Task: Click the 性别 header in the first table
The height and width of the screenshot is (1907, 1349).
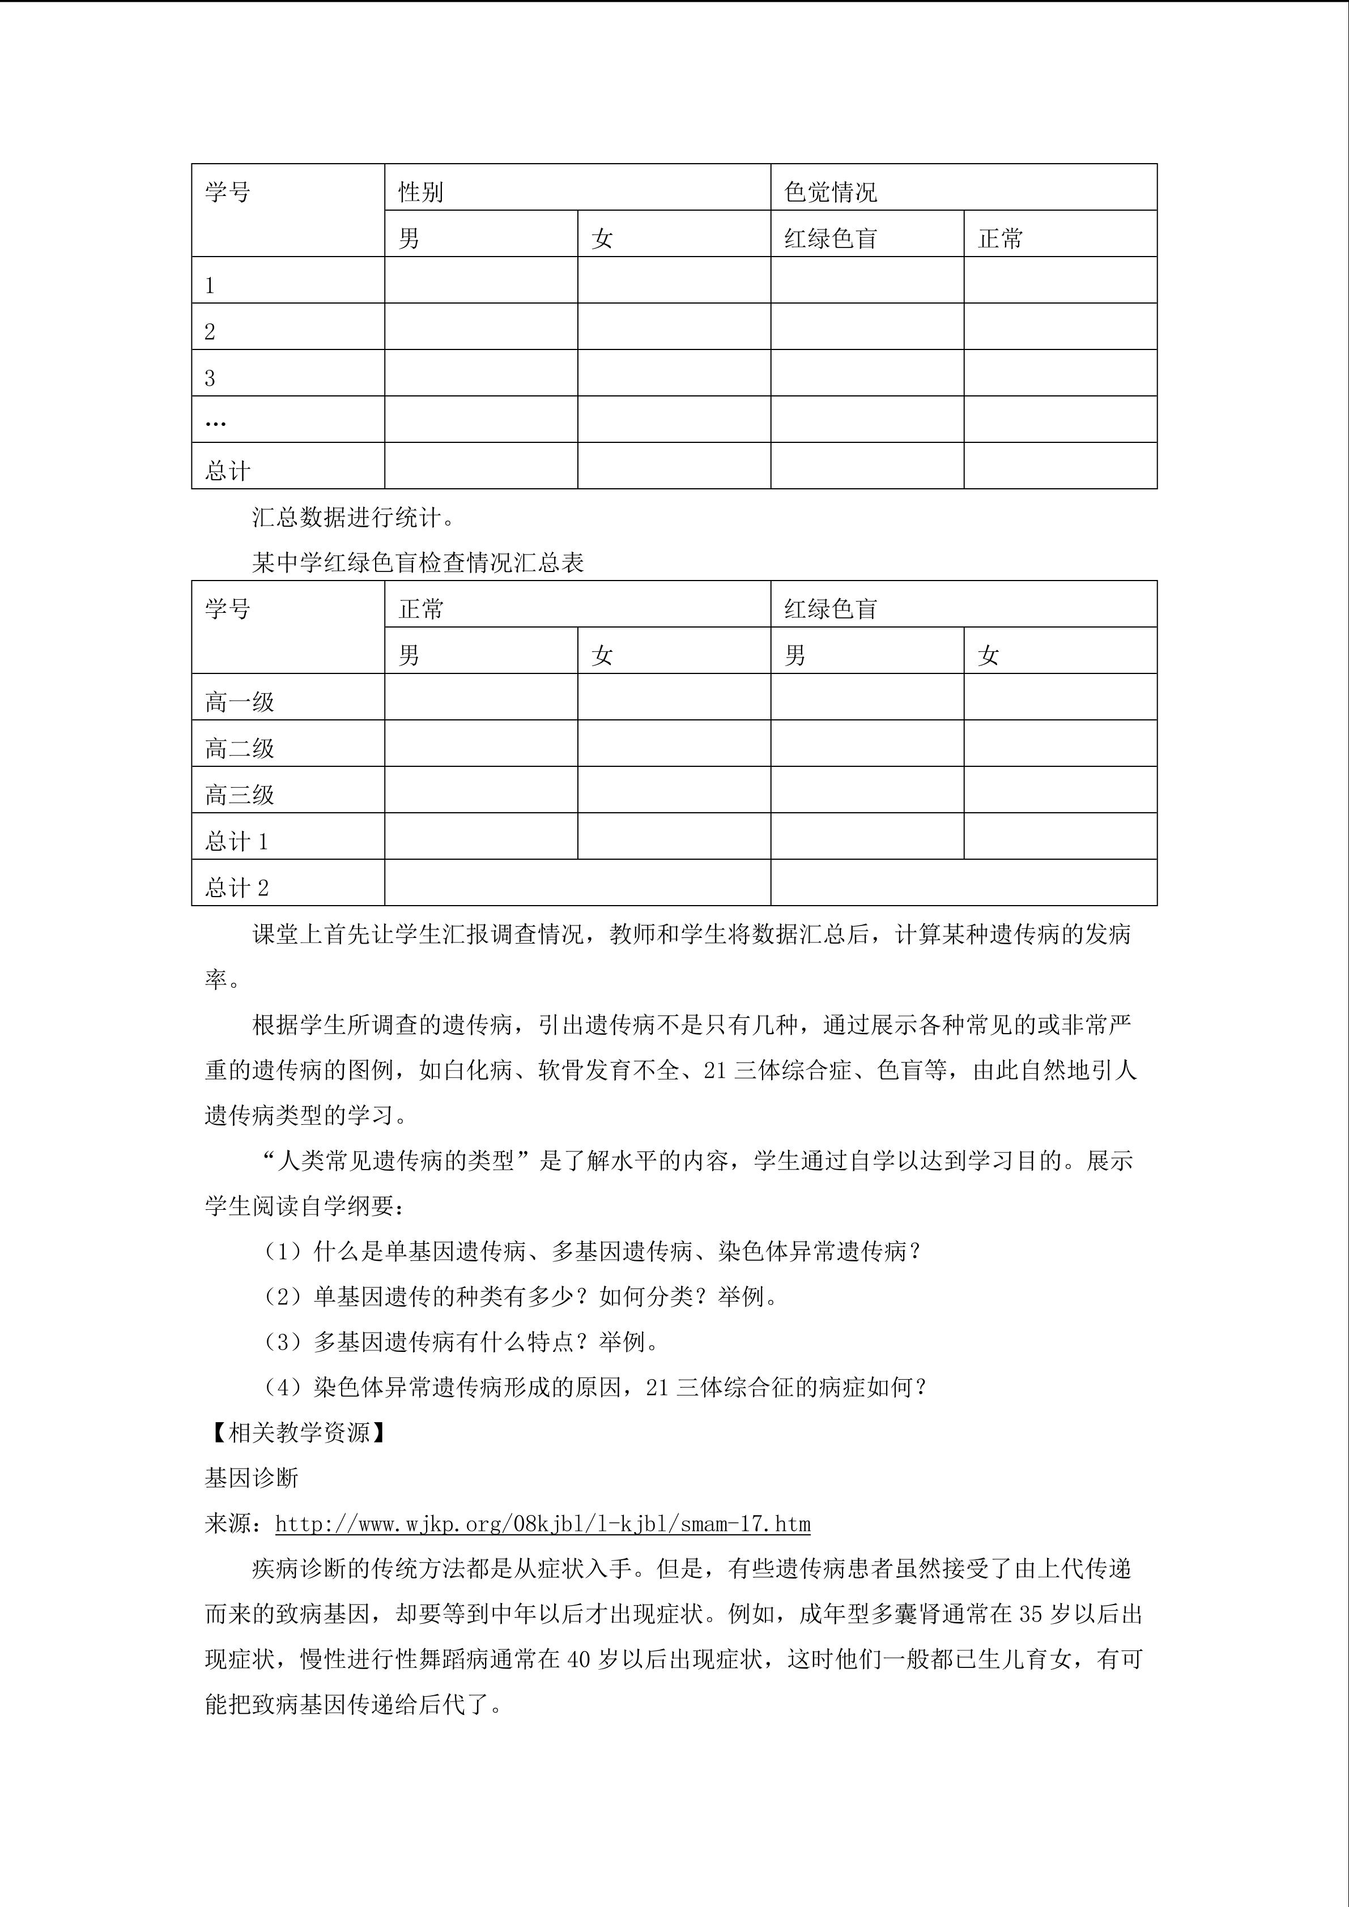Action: [420, 192]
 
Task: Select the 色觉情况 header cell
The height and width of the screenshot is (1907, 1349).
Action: [830, 192]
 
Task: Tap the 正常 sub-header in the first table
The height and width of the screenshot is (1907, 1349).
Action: [1000, 238]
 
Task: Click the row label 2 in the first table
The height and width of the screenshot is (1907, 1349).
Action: [210, 331]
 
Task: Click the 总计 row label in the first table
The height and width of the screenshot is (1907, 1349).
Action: [228, 470]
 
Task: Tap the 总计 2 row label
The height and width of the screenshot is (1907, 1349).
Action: [237, 888]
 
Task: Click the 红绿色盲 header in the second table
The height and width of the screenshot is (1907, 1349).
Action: [830, 609]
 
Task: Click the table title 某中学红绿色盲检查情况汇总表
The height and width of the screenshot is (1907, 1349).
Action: [418, 562]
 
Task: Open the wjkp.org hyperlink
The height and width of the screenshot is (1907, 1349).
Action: [542, 1524]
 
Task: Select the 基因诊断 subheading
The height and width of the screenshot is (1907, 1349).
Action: [252, 1478]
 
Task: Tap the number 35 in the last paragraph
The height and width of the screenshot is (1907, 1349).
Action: [1030, 1615]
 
